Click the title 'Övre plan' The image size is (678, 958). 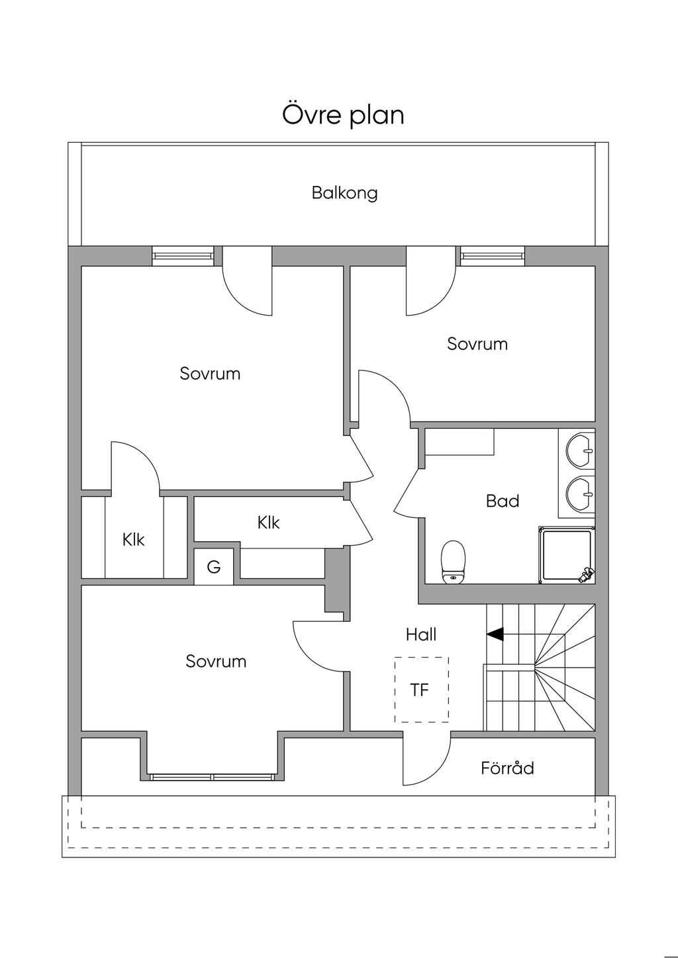coord(343,115)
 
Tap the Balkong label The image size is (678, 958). coord(344,193)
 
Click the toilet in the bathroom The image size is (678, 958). coord(454,562)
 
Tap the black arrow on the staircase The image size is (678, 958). coord(495,634)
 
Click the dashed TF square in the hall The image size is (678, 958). coord(421,689)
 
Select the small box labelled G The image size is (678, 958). coord(213,566)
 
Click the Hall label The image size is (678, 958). coord(421,635)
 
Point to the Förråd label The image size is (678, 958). coord(507,769)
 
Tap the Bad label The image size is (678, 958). coord(503,501)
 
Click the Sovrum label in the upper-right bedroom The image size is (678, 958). coord(477,344)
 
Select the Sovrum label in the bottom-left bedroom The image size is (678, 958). coord(216,662)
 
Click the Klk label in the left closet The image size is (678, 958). coord(134,540)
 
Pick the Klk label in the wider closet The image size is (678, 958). coord(269,523)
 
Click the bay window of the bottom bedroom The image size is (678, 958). coord(212,777)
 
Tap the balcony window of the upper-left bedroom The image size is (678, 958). coord(183,255)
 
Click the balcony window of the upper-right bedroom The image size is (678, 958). coord(493,255)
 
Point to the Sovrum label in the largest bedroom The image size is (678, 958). coord(210,374)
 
